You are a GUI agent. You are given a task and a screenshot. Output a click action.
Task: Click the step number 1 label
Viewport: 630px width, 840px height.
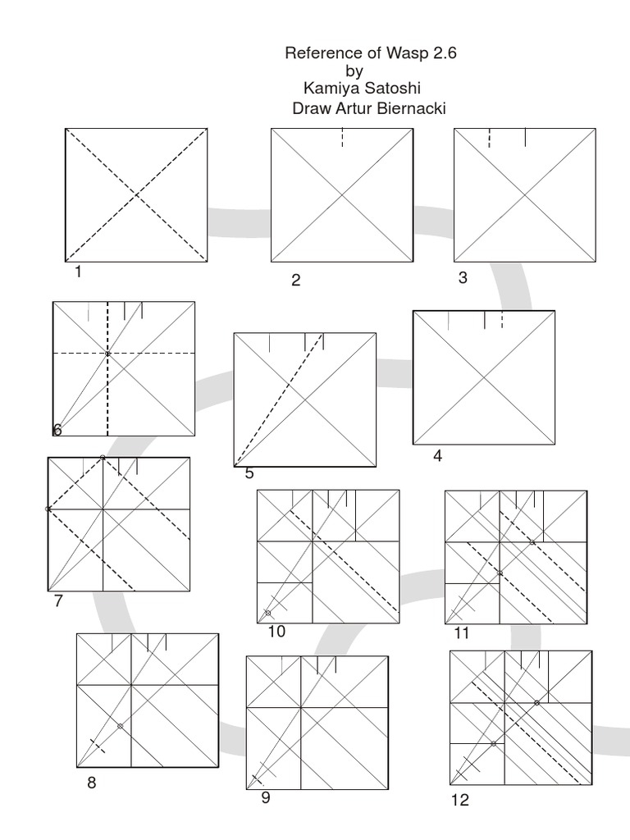pyautogui.click(x=78, y=272)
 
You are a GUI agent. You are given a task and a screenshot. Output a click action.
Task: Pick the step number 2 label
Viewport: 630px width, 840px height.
pyautogui.click(x=295, y=281)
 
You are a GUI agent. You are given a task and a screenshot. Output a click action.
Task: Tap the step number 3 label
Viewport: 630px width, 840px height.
pyautogui.click(x=463, y=277)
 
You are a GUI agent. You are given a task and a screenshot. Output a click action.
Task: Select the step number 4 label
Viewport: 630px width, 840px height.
pyautogui.click(x=438, y=456)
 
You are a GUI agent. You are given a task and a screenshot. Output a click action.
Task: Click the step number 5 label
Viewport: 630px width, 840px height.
pyautogui.click(x=249, y=473)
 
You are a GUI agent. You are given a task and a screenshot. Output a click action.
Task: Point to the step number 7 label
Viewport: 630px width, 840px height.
pyautogui.click(x=58, y=601)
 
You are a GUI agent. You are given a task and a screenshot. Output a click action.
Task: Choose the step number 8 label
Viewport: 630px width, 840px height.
pyautogui.click(x=92, y=783)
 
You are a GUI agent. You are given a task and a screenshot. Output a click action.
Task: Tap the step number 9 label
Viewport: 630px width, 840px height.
pyautogui.click(x=266, y=797)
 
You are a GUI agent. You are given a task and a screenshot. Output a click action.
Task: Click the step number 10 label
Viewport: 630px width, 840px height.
pyautogui.click(x=276, y=632)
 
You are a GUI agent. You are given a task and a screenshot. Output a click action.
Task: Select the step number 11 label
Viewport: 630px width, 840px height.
pyautogui.click(x=462, y=633)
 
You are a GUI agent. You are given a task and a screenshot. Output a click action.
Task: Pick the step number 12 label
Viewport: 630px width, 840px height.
pyautogui.click(x=460, y=801)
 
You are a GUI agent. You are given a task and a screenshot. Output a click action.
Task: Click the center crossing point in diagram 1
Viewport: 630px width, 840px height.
pyautogui.click(x=136, y=195)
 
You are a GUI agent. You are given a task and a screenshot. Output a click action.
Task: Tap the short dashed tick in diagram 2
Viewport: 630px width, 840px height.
pyautogui.click(x=342, y=137)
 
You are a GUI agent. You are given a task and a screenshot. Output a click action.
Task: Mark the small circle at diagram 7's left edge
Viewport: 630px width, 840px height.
pyautogui.click(x=48, y=509)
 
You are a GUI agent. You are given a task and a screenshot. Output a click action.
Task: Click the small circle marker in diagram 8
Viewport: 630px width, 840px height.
pyautogui.click(x=120, y=727)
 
